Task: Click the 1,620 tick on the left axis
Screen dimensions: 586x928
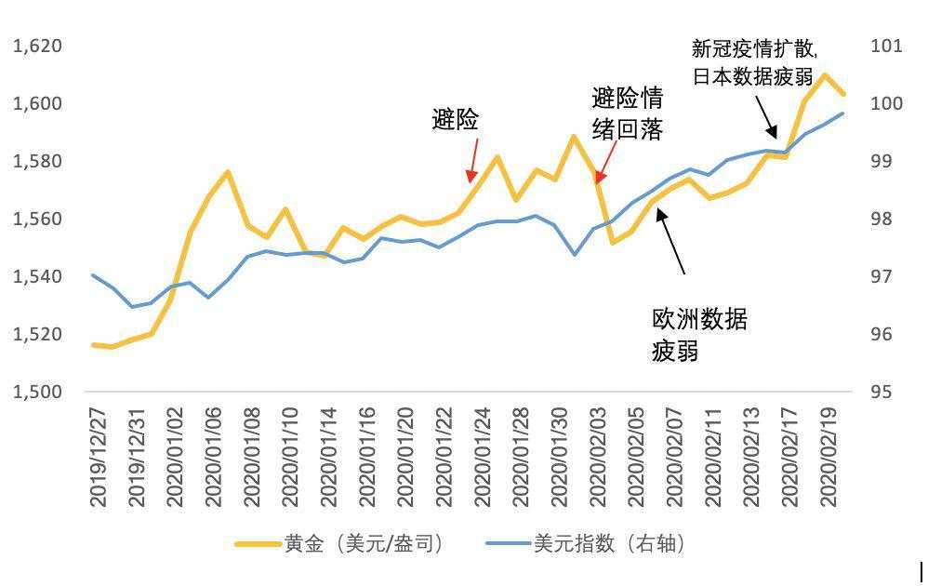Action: pyautogui.click(x=37, y=46)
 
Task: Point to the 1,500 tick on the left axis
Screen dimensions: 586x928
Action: pyautogui.click(x=37, y=392)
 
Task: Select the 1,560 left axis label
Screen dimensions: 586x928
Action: pyautogui.click(x=37, y=219)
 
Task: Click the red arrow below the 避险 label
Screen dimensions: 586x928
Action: pyautogui.click(x=473, y=160)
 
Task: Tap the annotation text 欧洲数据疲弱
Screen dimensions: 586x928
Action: pyautogui.click(x=699, y=336)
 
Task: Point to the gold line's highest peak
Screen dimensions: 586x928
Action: pyautogui.click(x=825, y=74)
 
